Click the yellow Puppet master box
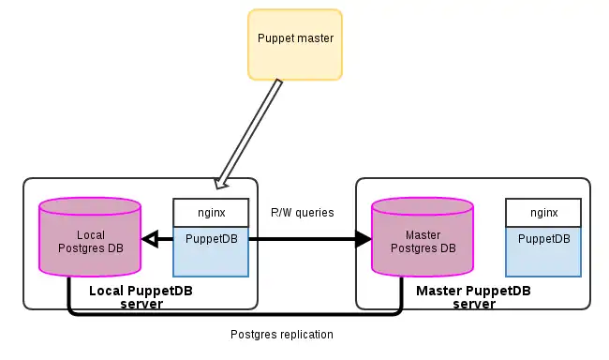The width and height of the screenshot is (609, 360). point(294,43)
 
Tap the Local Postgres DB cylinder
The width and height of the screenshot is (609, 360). point(90,240)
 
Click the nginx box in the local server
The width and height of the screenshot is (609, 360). point(211,212)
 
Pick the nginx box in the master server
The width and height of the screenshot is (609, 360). point(543,212)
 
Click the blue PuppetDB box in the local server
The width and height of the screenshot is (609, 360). point(211,250)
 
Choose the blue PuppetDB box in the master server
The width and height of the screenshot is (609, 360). point(543,250)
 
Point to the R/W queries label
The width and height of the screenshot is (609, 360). point(302,212)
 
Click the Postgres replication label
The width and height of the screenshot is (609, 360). point(281,334)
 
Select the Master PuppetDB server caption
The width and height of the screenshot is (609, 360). point(473,297)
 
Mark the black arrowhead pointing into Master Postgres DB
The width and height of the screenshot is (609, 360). point(363,240)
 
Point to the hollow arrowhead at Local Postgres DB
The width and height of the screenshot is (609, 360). point(149,240)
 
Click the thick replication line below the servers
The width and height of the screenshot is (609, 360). point(234,313)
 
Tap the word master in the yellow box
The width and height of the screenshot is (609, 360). point(314,38)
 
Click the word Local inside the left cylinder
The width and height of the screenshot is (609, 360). point(90,234)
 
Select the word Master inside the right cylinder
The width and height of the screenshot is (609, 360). point(423,234)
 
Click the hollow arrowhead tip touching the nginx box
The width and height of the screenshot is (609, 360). point(221,182)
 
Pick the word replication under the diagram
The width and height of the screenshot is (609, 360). point(304,334)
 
